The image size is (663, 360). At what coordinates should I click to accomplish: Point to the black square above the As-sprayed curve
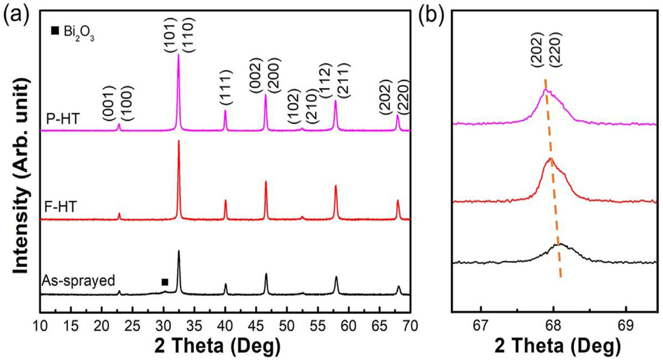164,282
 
